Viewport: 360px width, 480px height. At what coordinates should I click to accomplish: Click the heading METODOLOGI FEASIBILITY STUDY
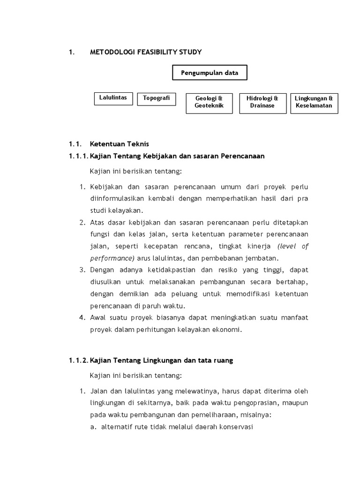coord(146,52)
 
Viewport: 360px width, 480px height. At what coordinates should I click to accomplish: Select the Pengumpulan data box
coord(210,73)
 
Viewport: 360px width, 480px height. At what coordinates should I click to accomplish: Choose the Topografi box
coord(156,99)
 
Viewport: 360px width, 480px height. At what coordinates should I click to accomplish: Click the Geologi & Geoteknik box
coord(209,102)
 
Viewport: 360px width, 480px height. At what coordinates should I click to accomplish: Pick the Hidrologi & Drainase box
coord(262,102)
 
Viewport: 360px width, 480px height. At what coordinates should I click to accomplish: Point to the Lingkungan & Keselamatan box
coord(314,102)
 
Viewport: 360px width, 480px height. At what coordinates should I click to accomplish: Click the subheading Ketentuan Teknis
coord(119,144)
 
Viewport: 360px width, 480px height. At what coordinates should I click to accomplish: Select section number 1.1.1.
coord(78,156)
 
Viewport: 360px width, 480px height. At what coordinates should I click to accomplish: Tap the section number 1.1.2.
coord(78,360)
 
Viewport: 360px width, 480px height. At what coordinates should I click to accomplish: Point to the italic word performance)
coord(112,258)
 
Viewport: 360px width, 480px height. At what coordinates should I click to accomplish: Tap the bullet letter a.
coord(93,427)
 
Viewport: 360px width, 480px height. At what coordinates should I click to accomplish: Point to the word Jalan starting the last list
coord(98,391)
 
